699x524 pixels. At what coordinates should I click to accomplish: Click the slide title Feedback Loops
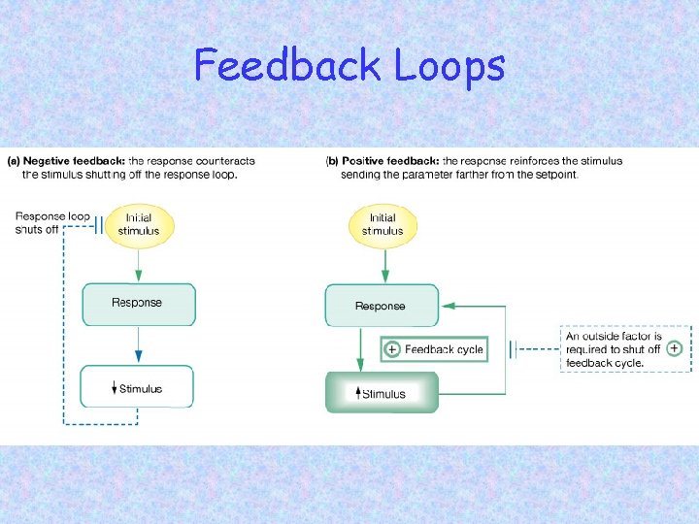point(349,66)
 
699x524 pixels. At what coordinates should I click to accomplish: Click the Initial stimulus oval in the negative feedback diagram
point(139,225)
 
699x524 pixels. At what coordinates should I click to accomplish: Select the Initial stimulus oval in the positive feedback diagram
point(383,225)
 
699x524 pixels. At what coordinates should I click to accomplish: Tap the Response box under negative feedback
point(138,304)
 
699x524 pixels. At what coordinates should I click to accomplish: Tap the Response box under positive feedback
point(381,306)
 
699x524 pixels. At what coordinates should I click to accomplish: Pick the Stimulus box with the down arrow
point(138,387)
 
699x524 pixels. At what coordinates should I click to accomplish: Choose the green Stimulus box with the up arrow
point(382,393)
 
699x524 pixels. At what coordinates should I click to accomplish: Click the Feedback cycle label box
point(434,349)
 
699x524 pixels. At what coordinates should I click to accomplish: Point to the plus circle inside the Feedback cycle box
point(392,349)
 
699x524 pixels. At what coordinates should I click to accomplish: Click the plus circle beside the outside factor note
point(675,347)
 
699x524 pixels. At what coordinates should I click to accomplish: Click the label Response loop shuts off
point(52,223)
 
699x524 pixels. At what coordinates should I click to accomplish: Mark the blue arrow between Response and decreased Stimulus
point(138,344)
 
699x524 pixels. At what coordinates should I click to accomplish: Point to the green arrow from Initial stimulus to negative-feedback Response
point(138,264)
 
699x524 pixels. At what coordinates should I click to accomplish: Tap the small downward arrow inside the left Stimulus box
point(114,389)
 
